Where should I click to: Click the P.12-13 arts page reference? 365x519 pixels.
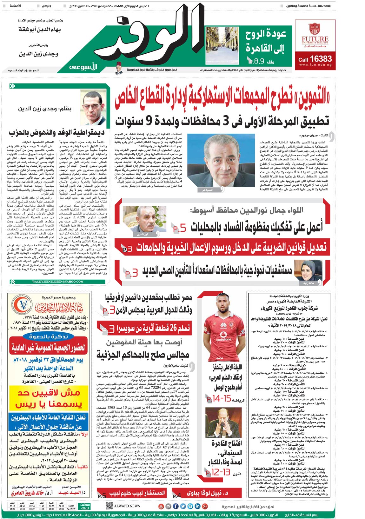tap(218, 472)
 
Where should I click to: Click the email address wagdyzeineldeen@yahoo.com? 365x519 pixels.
tap(58, 281)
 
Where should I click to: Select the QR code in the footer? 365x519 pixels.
tap(109, 506)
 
